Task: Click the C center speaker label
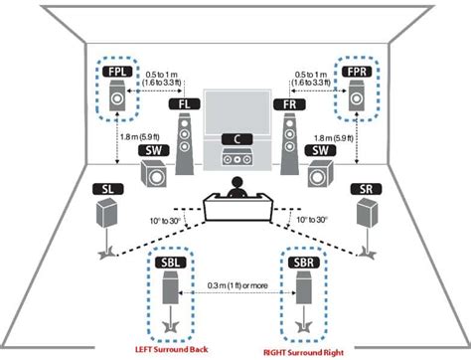tap(236, 138)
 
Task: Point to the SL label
tap(106, 189)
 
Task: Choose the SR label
tap(365, 189)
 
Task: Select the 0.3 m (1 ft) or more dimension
tap(235, 285)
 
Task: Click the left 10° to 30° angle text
tap(163, 216)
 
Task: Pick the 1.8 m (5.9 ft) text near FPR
tap(333, 138)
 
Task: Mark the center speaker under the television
tap(236, 157)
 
